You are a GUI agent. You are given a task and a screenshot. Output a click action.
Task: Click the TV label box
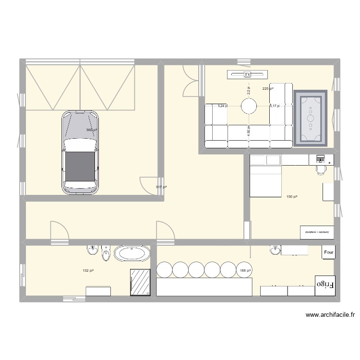click(248, 74)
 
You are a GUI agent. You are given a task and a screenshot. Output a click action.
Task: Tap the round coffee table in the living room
click(249, 106)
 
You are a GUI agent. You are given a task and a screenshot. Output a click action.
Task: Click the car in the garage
click(81, 152)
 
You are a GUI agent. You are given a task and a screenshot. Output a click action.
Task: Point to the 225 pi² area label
click(268, 89)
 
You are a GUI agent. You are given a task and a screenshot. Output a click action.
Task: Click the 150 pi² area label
click(292, 197)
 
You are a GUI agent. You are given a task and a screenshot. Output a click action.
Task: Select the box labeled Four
click(329, 252)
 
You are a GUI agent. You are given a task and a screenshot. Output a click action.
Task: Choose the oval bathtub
click(131, 254)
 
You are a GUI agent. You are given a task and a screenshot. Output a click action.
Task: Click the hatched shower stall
click(141, 282)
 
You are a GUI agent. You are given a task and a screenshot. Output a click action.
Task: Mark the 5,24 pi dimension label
click(223, 106)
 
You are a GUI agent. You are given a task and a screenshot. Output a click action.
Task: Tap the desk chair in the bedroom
click(320, 168)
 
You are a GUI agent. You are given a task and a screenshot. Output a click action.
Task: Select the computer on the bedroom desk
click(320, 158)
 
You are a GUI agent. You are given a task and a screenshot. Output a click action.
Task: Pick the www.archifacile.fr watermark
click(330, 315)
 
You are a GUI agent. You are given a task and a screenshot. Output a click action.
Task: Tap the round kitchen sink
click(275, 251)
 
